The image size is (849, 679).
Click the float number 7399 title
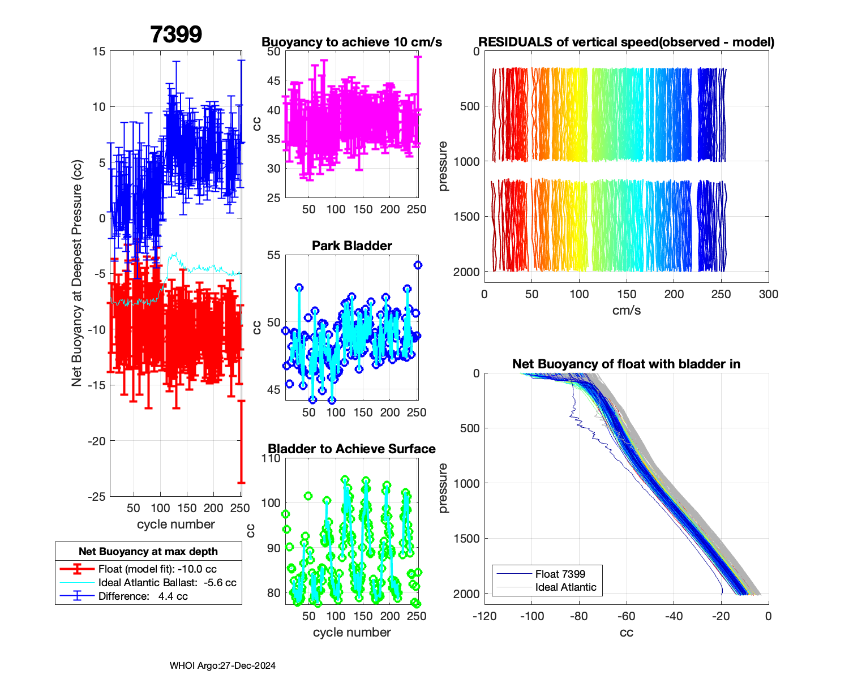[x=176, y=35]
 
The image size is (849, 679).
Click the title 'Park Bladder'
[x=352, y=246]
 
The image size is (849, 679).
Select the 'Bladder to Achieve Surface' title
[x=351, y=449]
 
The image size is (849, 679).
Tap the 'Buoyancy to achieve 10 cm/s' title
[x=351, y=42]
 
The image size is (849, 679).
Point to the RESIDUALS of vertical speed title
[x=626, y=42]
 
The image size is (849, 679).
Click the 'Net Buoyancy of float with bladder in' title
[x=626, y=364]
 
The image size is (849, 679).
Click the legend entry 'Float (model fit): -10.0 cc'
[x=157, y=569]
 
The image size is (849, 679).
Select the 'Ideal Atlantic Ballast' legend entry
[x=167, y=583]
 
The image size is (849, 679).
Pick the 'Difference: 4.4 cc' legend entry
[x=143, y=596]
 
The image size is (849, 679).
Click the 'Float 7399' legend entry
[x=560, y=574]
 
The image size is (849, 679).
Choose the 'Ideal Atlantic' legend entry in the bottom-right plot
[x=565, y=587]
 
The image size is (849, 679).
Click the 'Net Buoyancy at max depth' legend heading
[x=148, y=552]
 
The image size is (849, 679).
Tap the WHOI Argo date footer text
[x=222, y=666]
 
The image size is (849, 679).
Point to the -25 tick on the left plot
[x=97, y=497]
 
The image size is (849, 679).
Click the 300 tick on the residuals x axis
[x=768, y=294]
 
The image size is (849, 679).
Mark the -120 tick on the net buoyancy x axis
[x=484, y=616]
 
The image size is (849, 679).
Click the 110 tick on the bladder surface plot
[x=271, y=458]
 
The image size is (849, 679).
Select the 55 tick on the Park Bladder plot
[x=273, y=255]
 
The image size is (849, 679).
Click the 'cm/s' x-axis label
[x=626, y=311]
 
